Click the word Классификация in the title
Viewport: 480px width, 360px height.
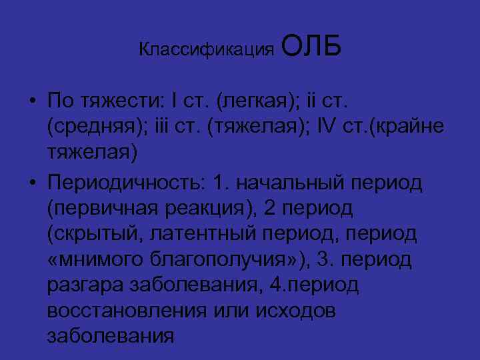[207, 50]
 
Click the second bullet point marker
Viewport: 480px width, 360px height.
[32, 182]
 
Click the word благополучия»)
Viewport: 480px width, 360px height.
[213, 259]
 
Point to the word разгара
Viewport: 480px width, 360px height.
[79, 285]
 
